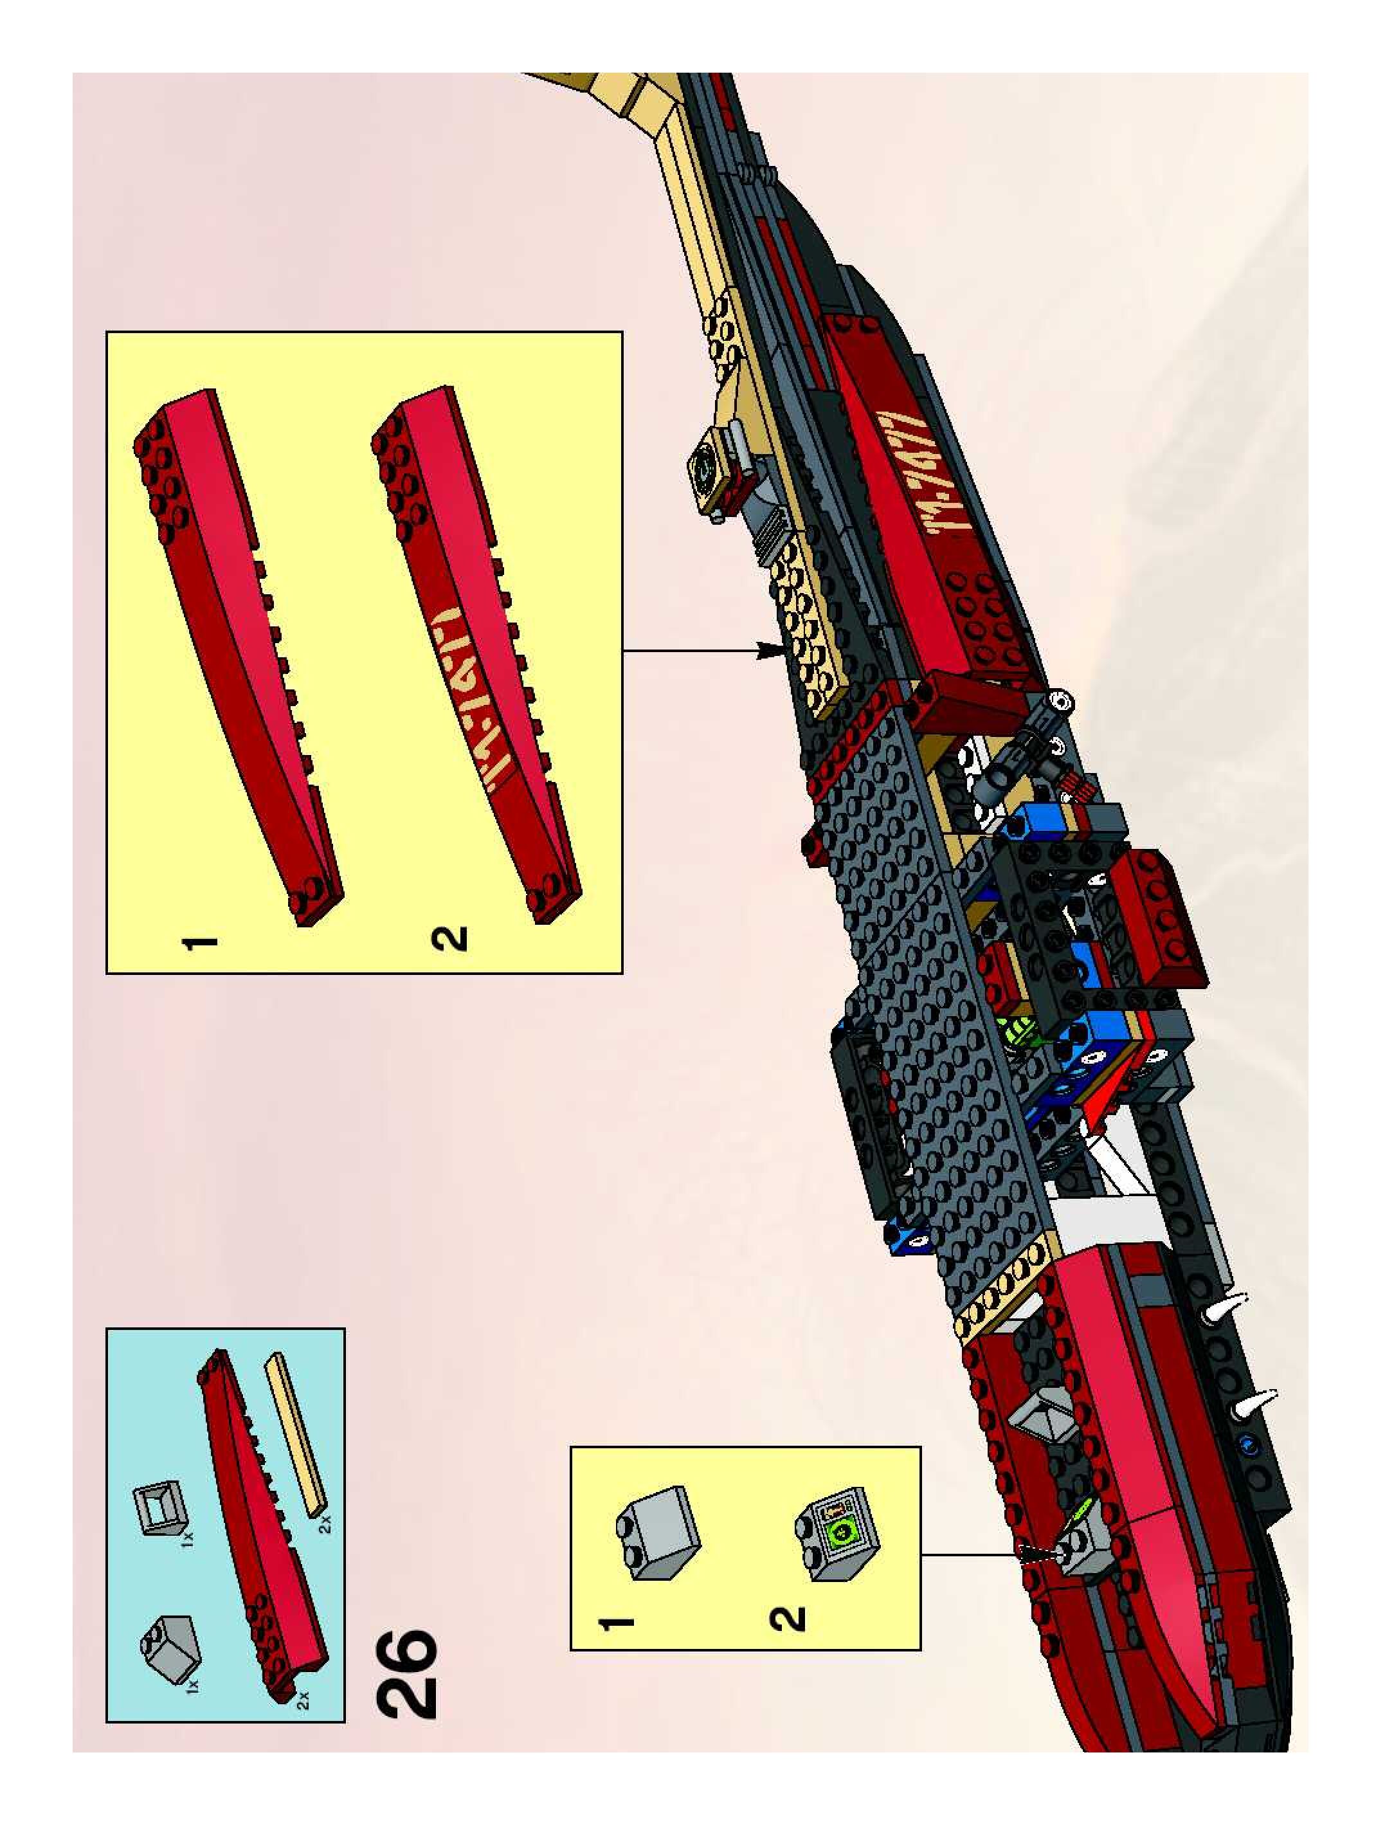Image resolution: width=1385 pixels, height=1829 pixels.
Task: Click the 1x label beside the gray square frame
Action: point(188,1539)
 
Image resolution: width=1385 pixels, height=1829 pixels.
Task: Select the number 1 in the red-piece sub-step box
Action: point(199,943)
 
